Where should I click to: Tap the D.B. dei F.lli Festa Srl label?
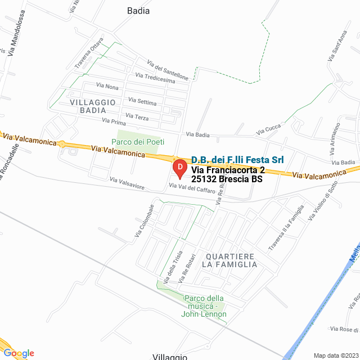pos(237,160)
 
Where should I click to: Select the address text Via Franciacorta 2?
pos(228,170)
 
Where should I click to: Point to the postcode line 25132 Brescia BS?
pos(227,179)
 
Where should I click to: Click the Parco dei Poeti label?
pos(138,142)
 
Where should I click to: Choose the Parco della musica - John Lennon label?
pos(204,306)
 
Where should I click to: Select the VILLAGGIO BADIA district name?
pos(93,106)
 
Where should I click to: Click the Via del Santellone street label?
pos(168,69)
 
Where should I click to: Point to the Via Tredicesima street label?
pos(155,78)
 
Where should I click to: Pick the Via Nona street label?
pos(107,87)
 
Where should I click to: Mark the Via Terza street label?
pos(138,117)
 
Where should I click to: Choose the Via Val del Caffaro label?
pos(192,188)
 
